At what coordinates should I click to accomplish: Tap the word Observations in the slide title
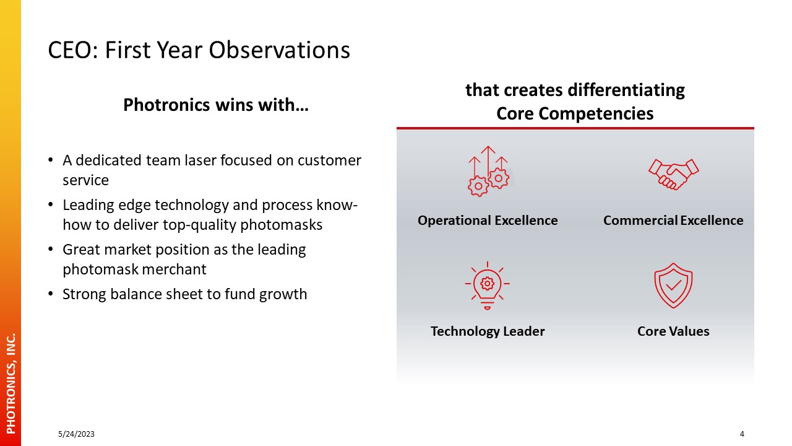(279, 50)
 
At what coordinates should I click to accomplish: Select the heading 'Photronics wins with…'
(216, 105)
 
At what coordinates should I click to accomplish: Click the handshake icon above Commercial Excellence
(674, 175)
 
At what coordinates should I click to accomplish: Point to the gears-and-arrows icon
(488, 172)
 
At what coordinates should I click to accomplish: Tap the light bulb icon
(487, 286)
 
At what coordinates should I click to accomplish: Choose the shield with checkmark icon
(673, 286)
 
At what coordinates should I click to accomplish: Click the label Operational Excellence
(488, 221)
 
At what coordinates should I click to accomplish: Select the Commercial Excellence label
(673, 221)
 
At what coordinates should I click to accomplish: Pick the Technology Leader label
(488, 331)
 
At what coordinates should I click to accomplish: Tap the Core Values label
(673, 331)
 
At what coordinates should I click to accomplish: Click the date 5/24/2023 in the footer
(76, 434)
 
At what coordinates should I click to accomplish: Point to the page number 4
(742, 434)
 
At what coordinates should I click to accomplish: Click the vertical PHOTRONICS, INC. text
(11, 383)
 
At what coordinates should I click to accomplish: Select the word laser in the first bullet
(200, 160)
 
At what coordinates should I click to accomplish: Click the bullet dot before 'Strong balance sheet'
(51, 294)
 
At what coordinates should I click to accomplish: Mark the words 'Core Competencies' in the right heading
(575, 114)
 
